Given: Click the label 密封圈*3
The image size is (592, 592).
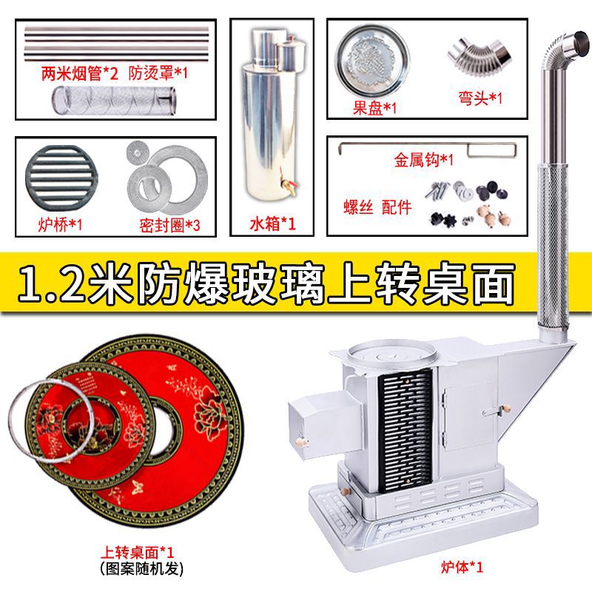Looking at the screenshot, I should pyautogui.click(x=169, y=224).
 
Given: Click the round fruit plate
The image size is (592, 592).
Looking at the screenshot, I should pyautogui.click(x=372, y=60).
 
